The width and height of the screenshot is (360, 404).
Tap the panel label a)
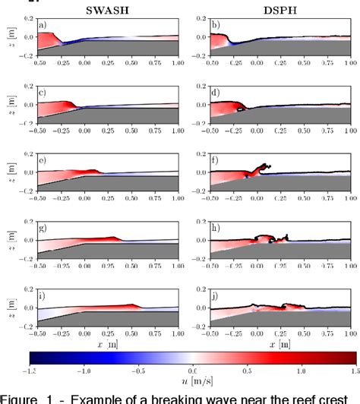point(43,25)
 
